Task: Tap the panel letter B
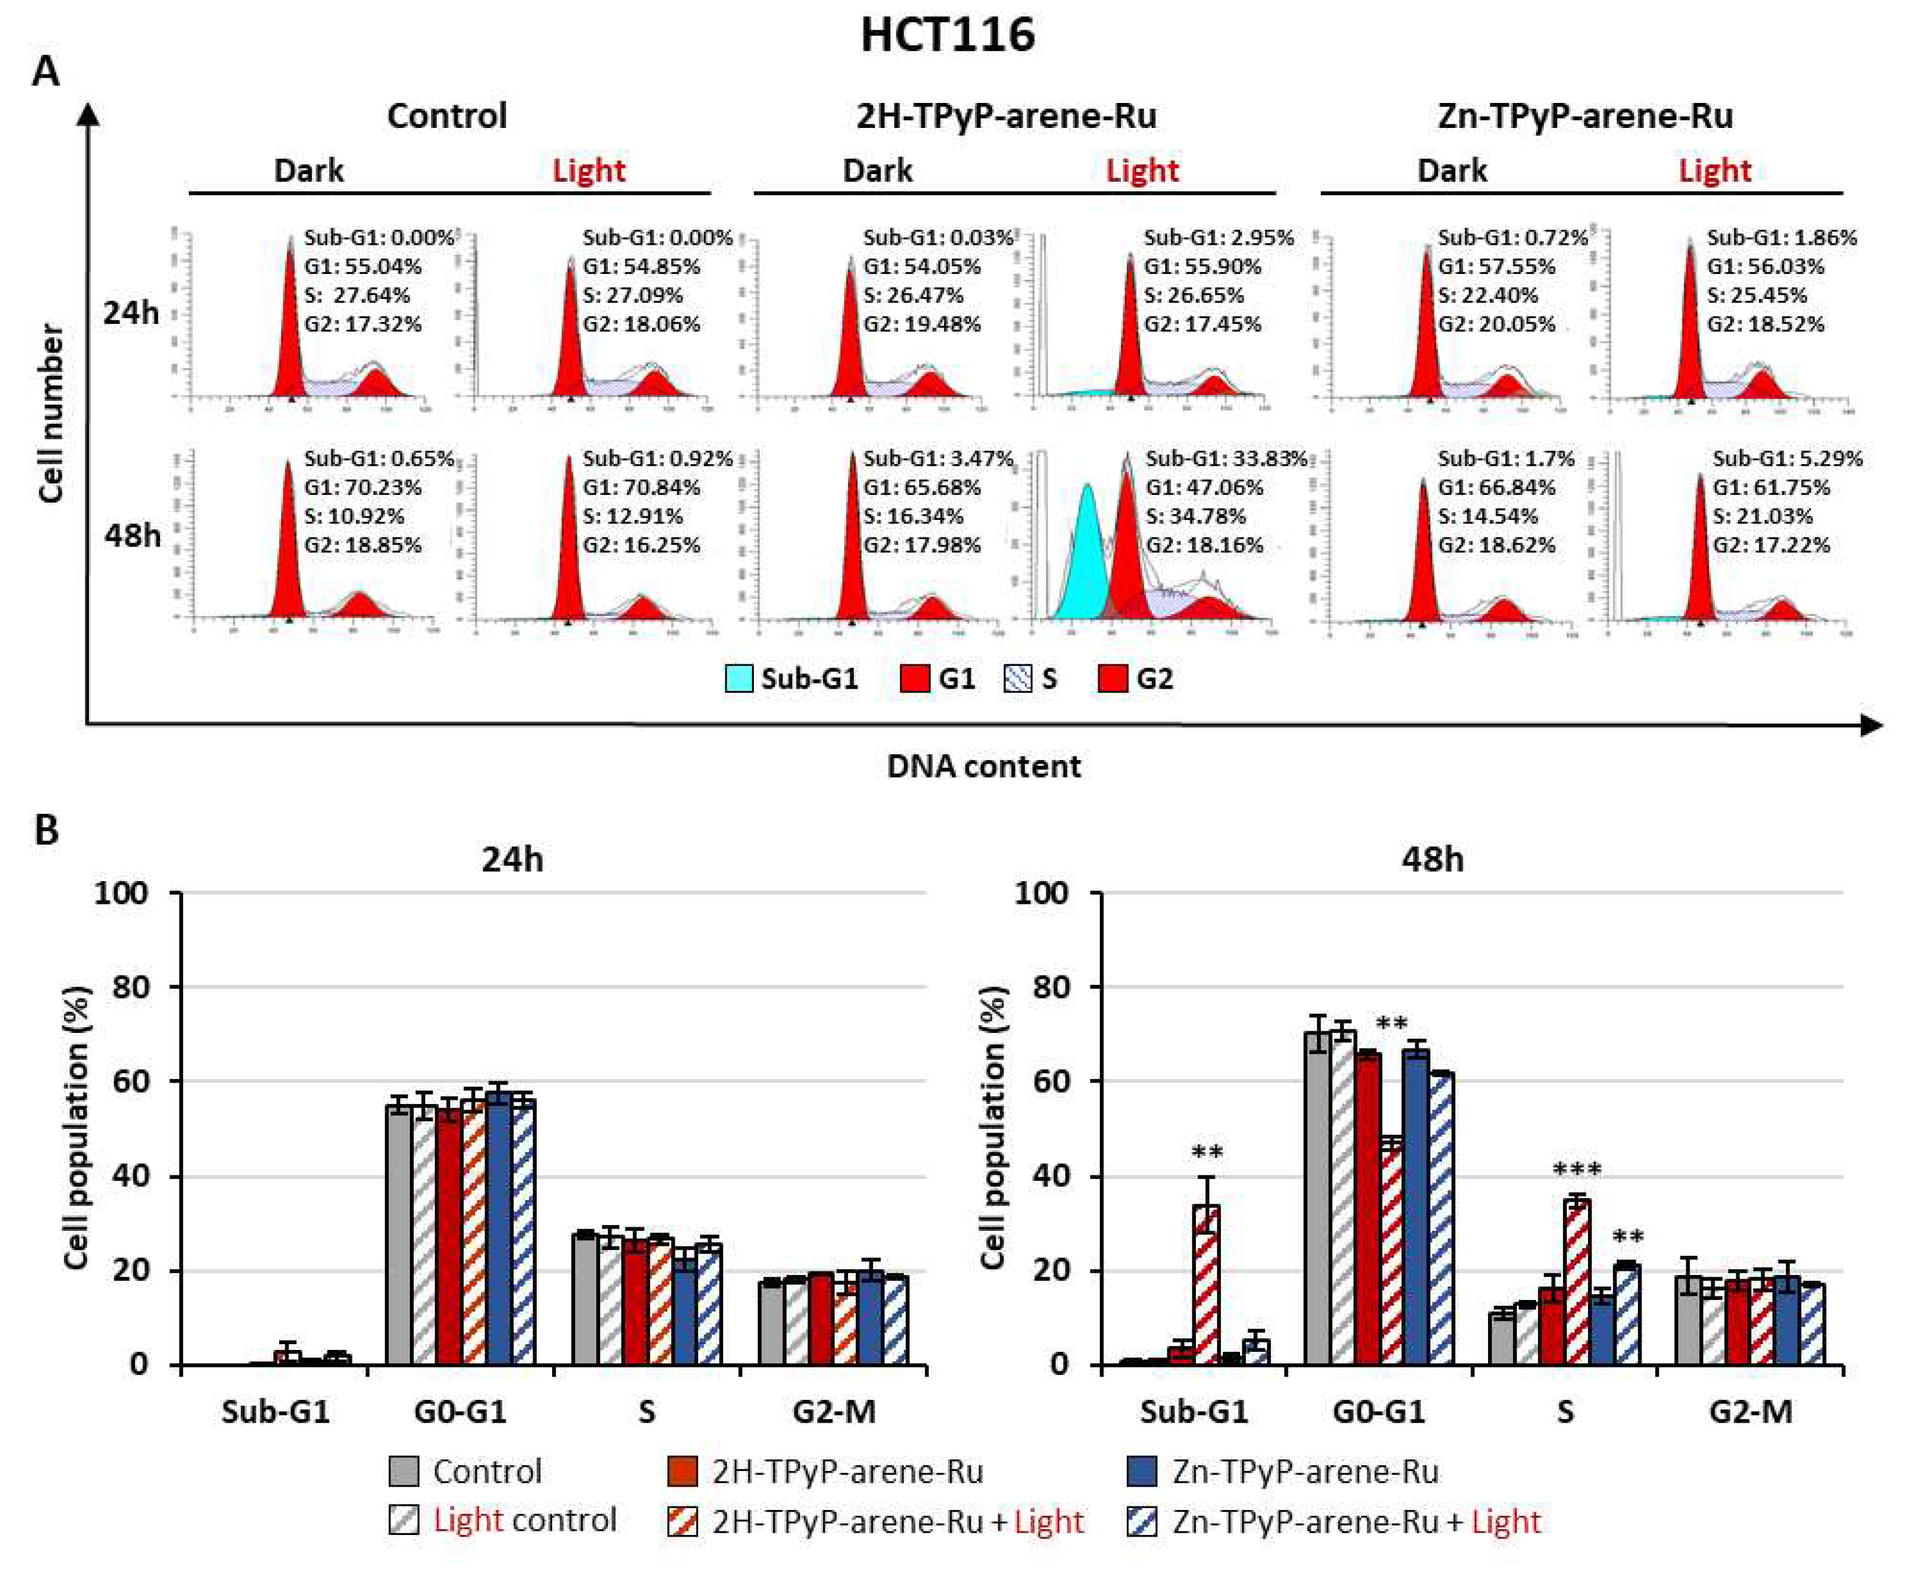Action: tap(45, 830)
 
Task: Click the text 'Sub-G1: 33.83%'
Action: tap(1226, 458)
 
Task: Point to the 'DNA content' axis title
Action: tap(984, 766)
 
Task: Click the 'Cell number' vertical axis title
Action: tap(52, 414)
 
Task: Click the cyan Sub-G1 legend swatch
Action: tap(739, 679)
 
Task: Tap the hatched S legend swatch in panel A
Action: tap(1018, 679)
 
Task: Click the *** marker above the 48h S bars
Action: tap(1576, 1170)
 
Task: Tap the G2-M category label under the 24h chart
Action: tap(834, 1412)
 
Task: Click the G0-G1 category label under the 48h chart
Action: tap(1379, 1412)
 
